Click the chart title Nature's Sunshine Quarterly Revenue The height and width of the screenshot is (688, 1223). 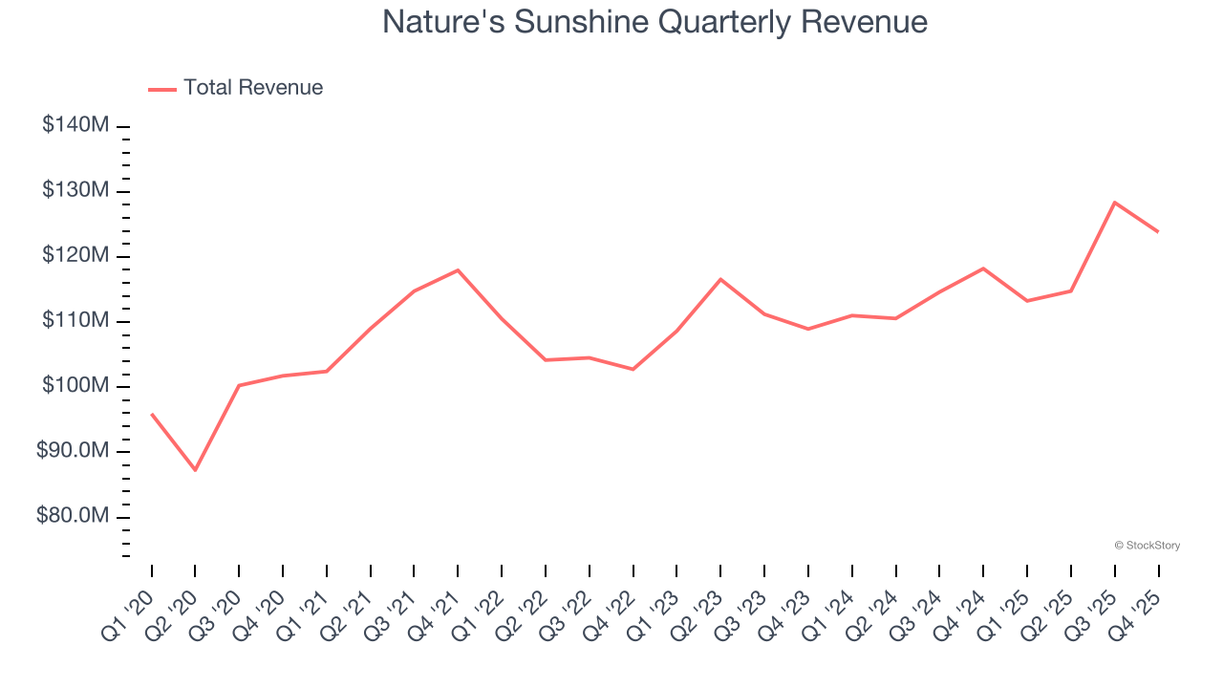pyautogui.click(x=654, y=21)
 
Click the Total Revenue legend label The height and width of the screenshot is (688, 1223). pyautogui.click(x=253, y=88)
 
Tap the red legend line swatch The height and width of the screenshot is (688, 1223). pyautogui.click(x=162, y=89)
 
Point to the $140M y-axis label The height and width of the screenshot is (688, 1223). pyautogui.click(x=75, y=125)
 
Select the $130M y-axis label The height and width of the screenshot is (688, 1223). pyautogui.click(x=75, y=190)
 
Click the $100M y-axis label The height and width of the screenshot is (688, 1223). pyautogui.click(x=75, y=386)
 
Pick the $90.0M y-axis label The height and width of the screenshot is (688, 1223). pyautogui.click(x=73, y=451)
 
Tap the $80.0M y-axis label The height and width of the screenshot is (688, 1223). pyautogui.click(x=73, y=516)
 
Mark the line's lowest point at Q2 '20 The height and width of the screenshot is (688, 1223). pyautogui.click(x=195, y=470)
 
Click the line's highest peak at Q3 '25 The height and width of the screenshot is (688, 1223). pyautogui.click(x=1114, y=203)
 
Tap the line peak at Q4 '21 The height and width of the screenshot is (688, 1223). pyautogui.click(x=458, y=269)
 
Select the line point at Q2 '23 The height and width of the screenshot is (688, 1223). pyautogui.click(x=720, y=279)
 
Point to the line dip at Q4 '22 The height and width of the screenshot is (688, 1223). pyautogui.click(x=633, y=369)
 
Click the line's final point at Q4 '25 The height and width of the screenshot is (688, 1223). pyautogui.click(x=1158, y=231)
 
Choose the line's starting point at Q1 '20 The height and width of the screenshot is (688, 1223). pyautogui.click(x=152, y=414)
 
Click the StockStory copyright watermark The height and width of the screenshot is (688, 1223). pyautogui.click(x=1147, y=546)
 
